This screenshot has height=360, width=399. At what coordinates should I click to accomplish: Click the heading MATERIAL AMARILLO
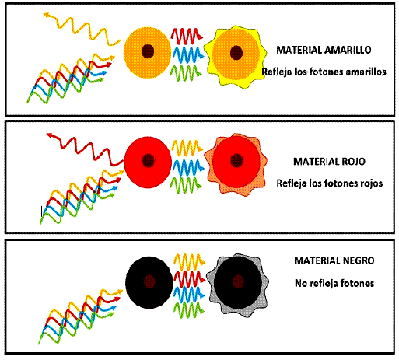coord(324,50)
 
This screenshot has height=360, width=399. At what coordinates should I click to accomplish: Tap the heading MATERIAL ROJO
coord(329,162)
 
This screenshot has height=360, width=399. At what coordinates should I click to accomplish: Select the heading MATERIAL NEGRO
coord(334,260)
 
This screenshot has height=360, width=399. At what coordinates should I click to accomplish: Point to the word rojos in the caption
coord(372,183)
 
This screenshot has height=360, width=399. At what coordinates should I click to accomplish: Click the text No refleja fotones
coord(334,283)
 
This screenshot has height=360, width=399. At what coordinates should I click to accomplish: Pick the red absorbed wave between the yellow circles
coord(187,36)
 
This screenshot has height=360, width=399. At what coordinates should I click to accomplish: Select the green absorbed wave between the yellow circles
coord(186,73)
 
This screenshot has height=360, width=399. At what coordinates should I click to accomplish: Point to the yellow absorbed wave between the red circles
coord(187,148)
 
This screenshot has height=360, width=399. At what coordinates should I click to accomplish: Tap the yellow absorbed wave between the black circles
coord(189,262)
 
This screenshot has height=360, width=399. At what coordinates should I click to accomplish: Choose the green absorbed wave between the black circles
coord(189,310)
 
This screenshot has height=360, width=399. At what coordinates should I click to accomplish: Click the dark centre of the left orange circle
coord(148,51)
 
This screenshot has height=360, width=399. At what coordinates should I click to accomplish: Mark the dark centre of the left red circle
coord(149,161)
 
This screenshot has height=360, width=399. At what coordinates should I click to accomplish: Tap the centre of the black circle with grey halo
coord(238,281)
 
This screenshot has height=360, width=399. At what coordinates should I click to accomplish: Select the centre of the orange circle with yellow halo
coord(236,53)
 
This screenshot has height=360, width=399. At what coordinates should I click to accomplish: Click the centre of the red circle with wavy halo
coord(236,160)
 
